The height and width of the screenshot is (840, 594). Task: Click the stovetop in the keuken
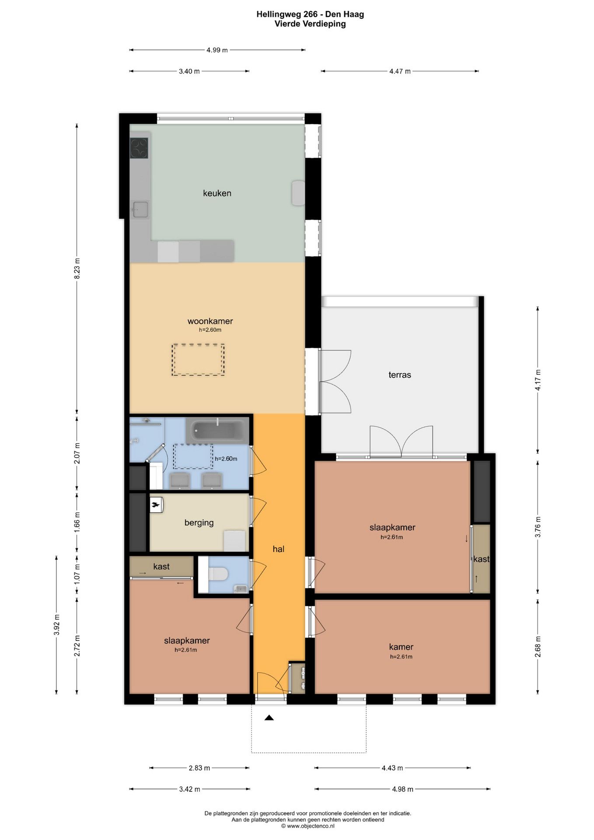pos(139,148)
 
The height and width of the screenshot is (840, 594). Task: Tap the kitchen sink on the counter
pos(140,210)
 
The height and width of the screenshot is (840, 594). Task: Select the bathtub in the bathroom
pos(217,430)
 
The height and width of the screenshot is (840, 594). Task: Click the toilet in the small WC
pos(218,574)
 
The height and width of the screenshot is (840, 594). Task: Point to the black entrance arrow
pos(269,717)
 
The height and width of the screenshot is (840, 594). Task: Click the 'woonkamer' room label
pos(210,321)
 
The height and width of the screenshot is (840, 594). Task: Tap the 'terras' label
pos(400,375)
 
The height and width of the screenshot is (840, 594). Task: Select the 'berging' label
pos(199,523)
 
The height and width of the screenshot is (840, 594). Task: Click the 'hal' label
pos(279,549)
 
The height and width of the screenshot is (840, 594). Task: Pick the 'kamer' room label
pos(401,647)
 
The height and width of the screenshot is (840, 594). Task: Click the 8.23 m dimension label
pos(77,269)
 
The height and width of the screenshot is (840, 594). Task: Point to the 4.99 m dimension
pos(217,50)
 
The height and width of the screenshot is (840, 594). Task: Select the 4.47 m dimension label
pos(400,71)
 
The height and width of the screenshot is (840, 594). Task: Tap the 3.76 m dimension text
pos(538,527)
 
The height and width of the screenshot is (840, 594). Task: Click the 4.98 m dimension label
pos(403,789)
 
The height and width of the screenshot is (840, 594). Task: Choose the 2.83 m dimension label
pos(199,768)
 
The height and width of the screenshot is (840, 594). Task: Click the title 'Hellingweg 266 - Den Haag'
pos(310,14)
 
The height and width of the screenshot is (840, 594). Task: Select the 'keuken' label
pos(217,193)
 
